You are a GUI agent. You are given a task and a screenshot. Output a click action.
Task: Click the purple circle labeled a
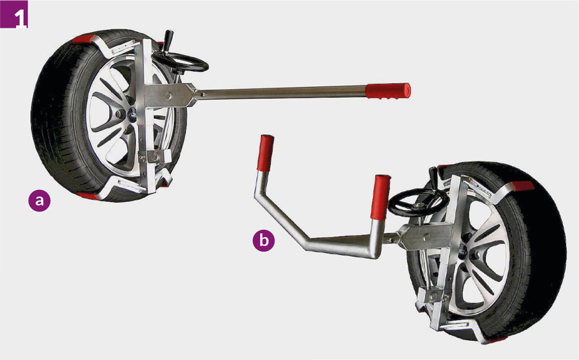pos(39,200)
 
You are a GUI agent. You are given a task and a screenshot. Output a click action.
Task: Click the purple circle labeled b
pos(264,240)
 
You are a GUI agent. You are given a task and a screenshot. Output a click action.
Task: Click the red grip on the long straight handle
pos(388,91)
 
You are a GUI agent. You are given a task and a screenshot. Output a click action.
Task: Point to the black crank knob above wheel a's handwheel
pos(169,40)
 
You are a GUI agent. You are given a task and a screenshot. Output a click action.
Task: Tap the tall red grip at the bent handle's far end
pos(266,153)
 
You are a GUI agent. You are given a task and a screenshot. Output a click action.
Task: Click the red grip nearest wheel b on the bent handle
pos(381,197)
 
